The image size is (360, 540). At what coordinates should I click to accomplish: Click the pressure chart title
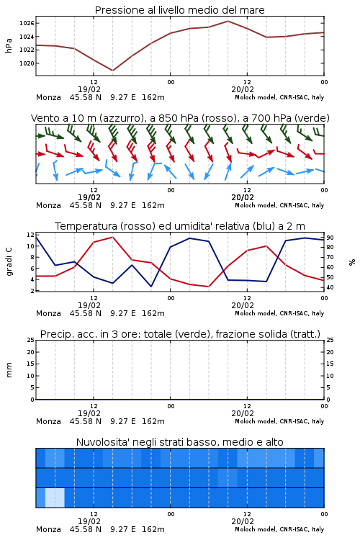coord(179,10)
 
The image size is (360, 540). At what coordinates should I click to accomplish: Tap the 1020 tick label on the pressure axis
coord(27,63)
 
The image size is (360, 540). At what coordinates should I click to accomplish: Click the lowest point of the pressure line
coord(112,71)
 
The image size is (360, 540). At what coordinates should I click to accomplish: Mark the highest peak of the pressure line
coord(228,21)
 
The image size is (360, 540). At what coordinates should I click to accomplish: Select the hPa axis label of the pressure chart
coord(9,45)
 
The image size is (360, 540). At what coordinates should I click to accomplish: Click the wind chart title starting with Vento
coord(180,118)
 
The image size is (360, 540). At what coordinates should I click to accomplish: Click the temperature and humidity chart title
coord(180,226)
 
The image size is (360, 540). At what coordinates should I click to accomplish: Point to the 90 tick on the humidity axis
coord(330,238)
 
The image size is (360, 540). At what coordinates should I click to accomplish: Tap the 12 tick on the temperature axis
coord(30,235)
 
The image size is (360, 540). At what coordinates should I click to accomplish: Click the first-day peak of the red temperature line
coord(112,237)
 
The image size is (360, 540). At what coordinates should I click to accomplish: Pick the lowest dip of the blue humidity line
coord(151,287)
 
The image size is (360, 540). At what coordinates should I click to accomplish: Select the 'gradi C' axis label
coord(9,261)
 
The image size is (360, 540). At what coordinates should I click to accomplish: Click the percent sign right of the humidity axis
coord(352,262)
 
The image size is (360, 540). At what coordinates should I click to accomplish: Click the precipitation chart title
coord(180,334)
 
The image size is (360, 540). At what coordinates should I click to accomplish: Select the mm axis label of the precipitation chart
coord(9,370)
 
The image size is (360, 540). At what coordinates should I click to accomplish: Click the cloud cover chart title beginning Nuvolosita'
coord(179,442)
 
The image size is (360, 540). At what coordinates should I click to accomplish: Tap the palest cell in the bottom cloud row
coord(55,498)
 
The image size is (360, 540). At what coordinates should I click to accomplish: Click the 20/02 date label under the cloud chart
coord(243,521)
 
